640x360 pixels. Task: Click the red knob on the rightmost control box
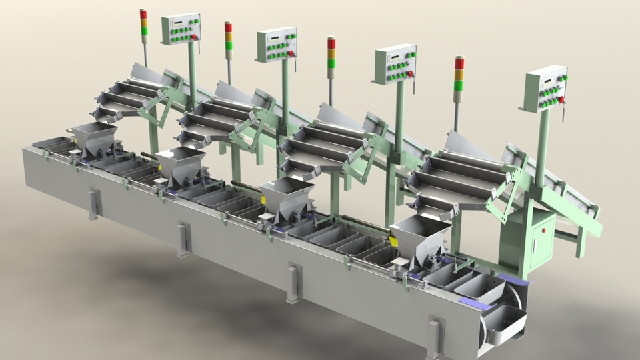(561, 100)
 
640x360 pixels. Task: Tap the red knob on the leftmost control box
(194, 37)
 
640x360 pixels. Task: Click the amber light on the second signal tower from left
(229, 37)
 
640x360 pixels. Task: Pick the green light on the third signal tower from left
(331, 63)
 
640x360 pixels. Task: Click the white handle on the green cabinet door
(544, 231)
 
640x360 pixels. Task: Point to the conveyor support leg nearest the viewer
(435, 337)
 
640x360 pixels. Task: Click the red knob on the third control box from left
(410, 74)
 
